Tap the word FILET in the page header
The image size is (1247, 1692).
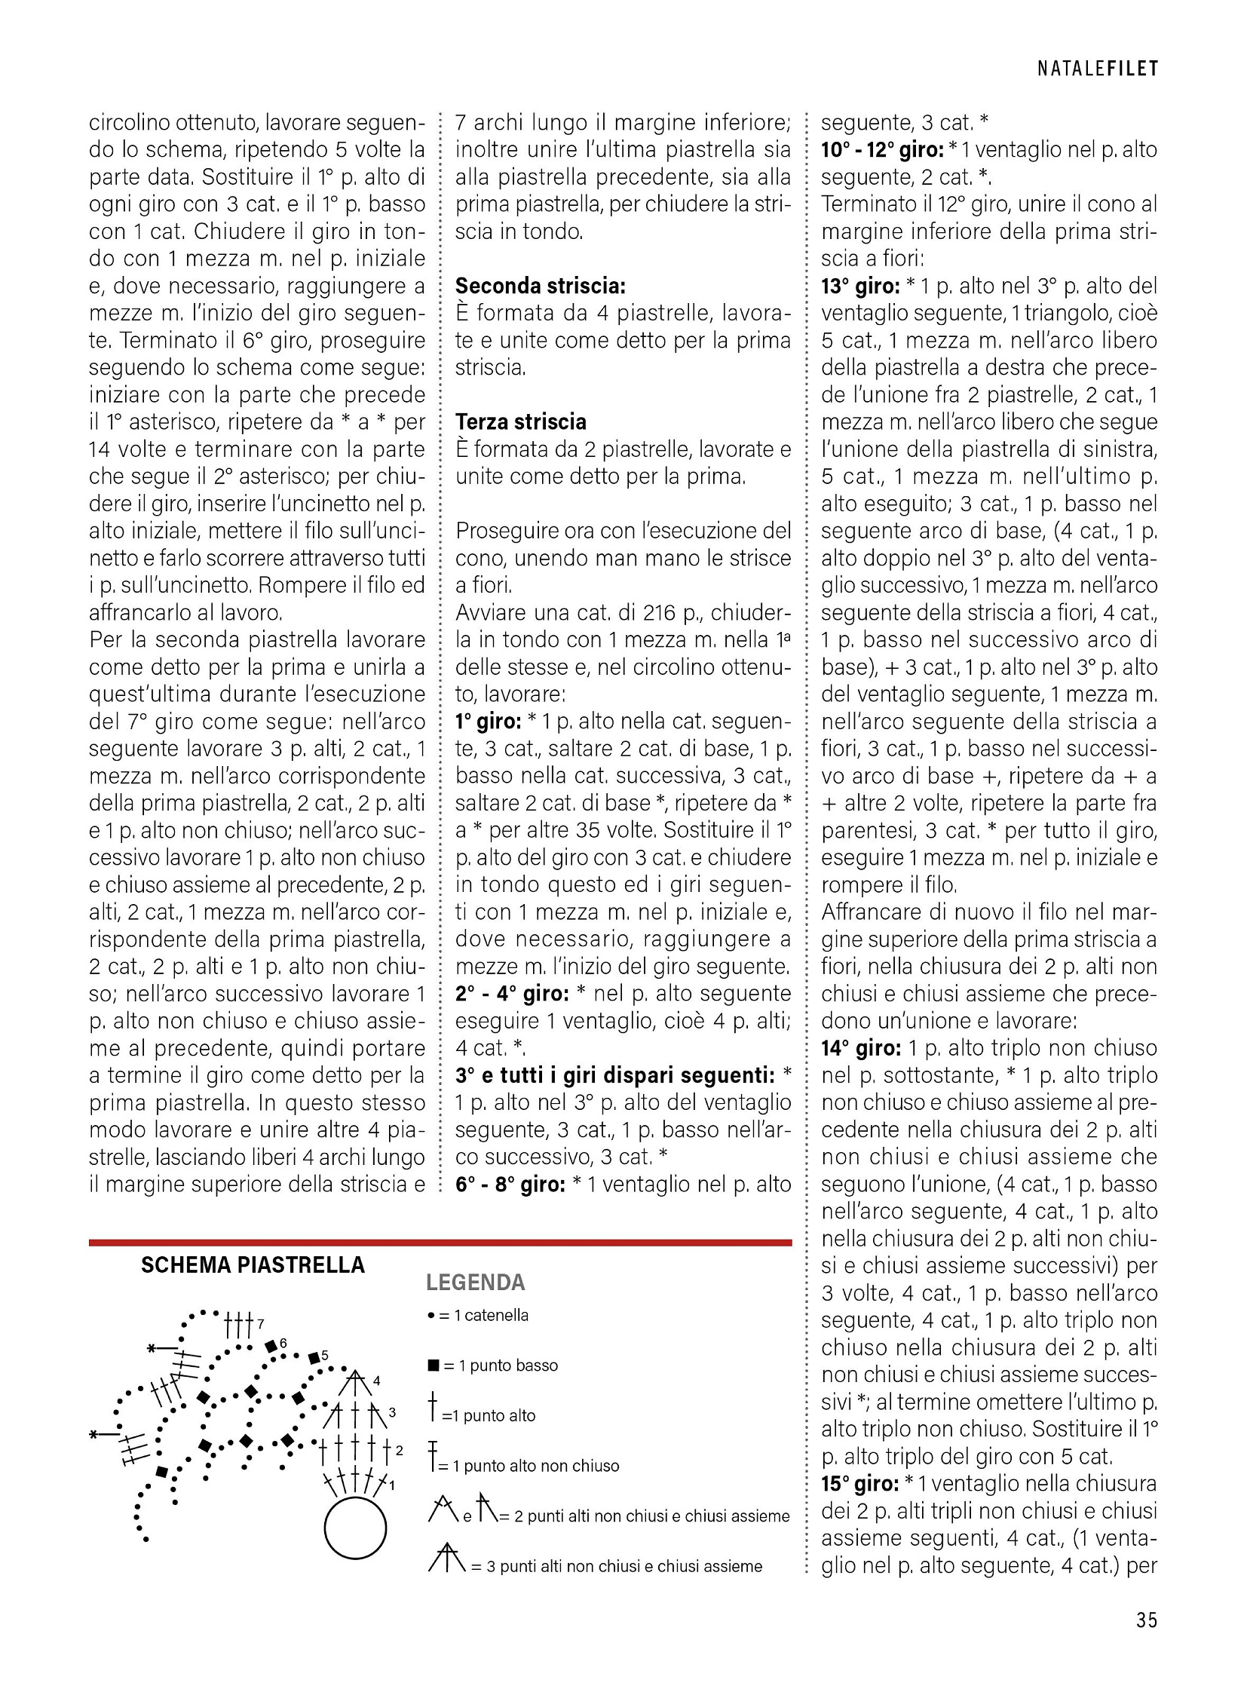[x=1132, y=69]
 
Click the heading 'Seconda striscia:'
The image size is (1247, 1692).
[x=541, y=287]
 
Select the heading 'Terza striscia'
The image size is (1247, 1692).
[x=521, y=421]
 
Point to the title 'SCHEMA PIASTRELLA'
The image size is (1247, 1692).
[x=253, y=1264]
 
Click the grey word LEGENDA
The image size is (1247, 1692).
[x=476, y=1282]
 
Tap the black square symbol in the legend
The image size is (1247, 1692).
[x=434, y=1365]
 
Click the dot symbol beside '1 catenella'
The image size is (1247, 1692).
[x=430, y=1315]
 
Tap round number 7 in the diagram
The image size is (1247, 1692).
[x=260, y=1323]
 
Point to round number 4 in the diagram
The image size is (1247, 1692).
[x=377, y=1381]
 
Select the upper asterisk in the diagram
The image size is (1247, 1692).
[x=151, y=1347]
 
